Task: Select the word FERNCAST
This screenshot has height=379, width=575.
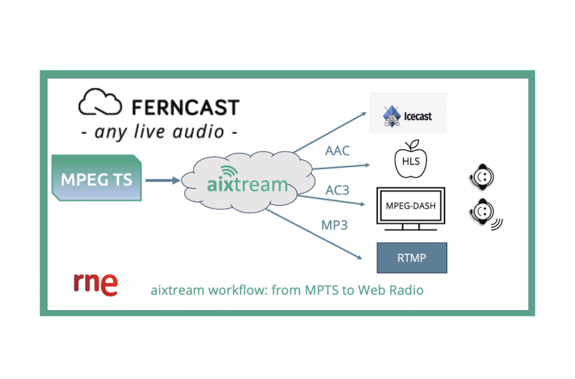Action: [x=181, y=106]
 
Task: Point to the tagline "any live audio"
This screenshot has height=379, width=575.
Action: [x=159, y=131]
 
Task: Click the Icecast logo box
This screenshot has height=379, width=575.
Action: [x=408, y=112]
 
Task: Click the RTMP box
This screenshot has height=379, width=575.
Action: [x=412, y=257]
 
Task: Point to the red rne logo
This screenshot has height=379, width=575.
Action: [x=95, y=284]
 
